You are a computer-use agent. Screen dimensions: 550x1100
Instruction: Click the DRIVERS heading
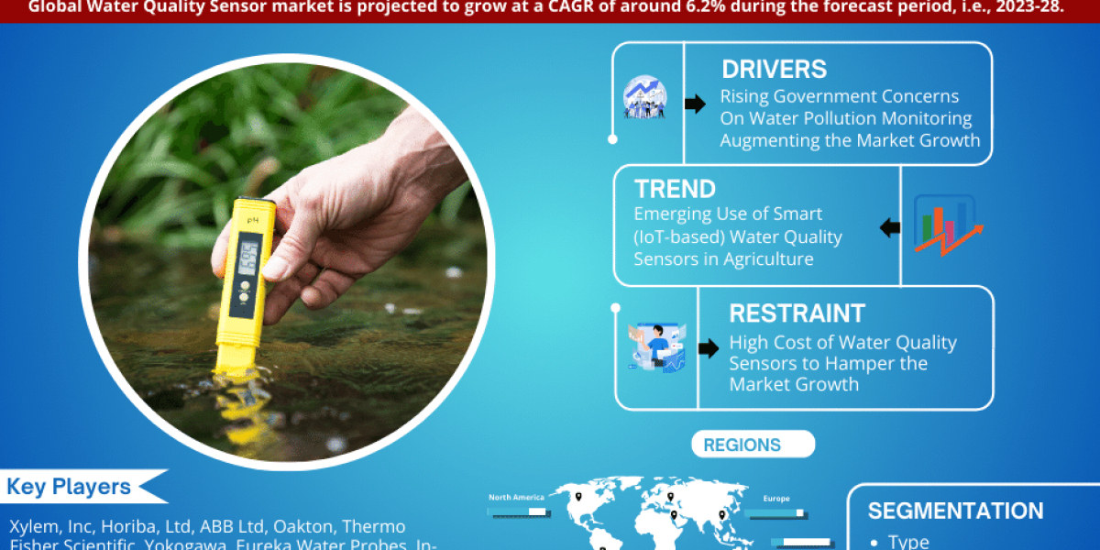click(774, 70)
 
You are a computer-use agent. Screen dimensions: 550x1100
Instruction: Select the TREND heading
click(675, 190)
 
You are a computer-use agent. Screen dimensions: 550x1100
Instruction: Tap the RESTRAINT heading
click(797, 313)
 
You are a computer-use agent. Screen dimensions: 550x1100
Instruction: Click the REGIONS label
click(742, 445)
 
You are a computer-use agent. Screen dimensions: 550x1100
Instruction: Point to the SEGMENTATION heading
click(955, 511)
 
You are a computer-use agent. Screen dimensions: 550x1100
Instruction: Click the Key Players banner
click(70, 487)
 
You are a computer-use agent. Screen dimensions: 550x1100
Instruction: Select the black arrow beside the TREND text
click(889, 227)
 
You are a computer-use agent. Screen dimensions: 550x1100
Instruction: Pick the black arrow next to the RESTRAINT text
click(708, 349)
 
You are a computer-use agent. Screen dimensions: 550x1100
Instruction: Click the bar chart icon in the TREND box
click(944, 224)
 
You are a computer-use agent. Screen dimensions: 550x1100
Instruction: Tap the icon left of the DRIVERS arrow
click(645, 97)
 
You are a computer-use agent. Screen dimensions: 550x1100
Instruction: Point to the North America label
click(516, 497)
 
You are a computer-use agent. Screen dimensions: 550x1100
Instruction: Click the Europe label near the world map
click(776, 500)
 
